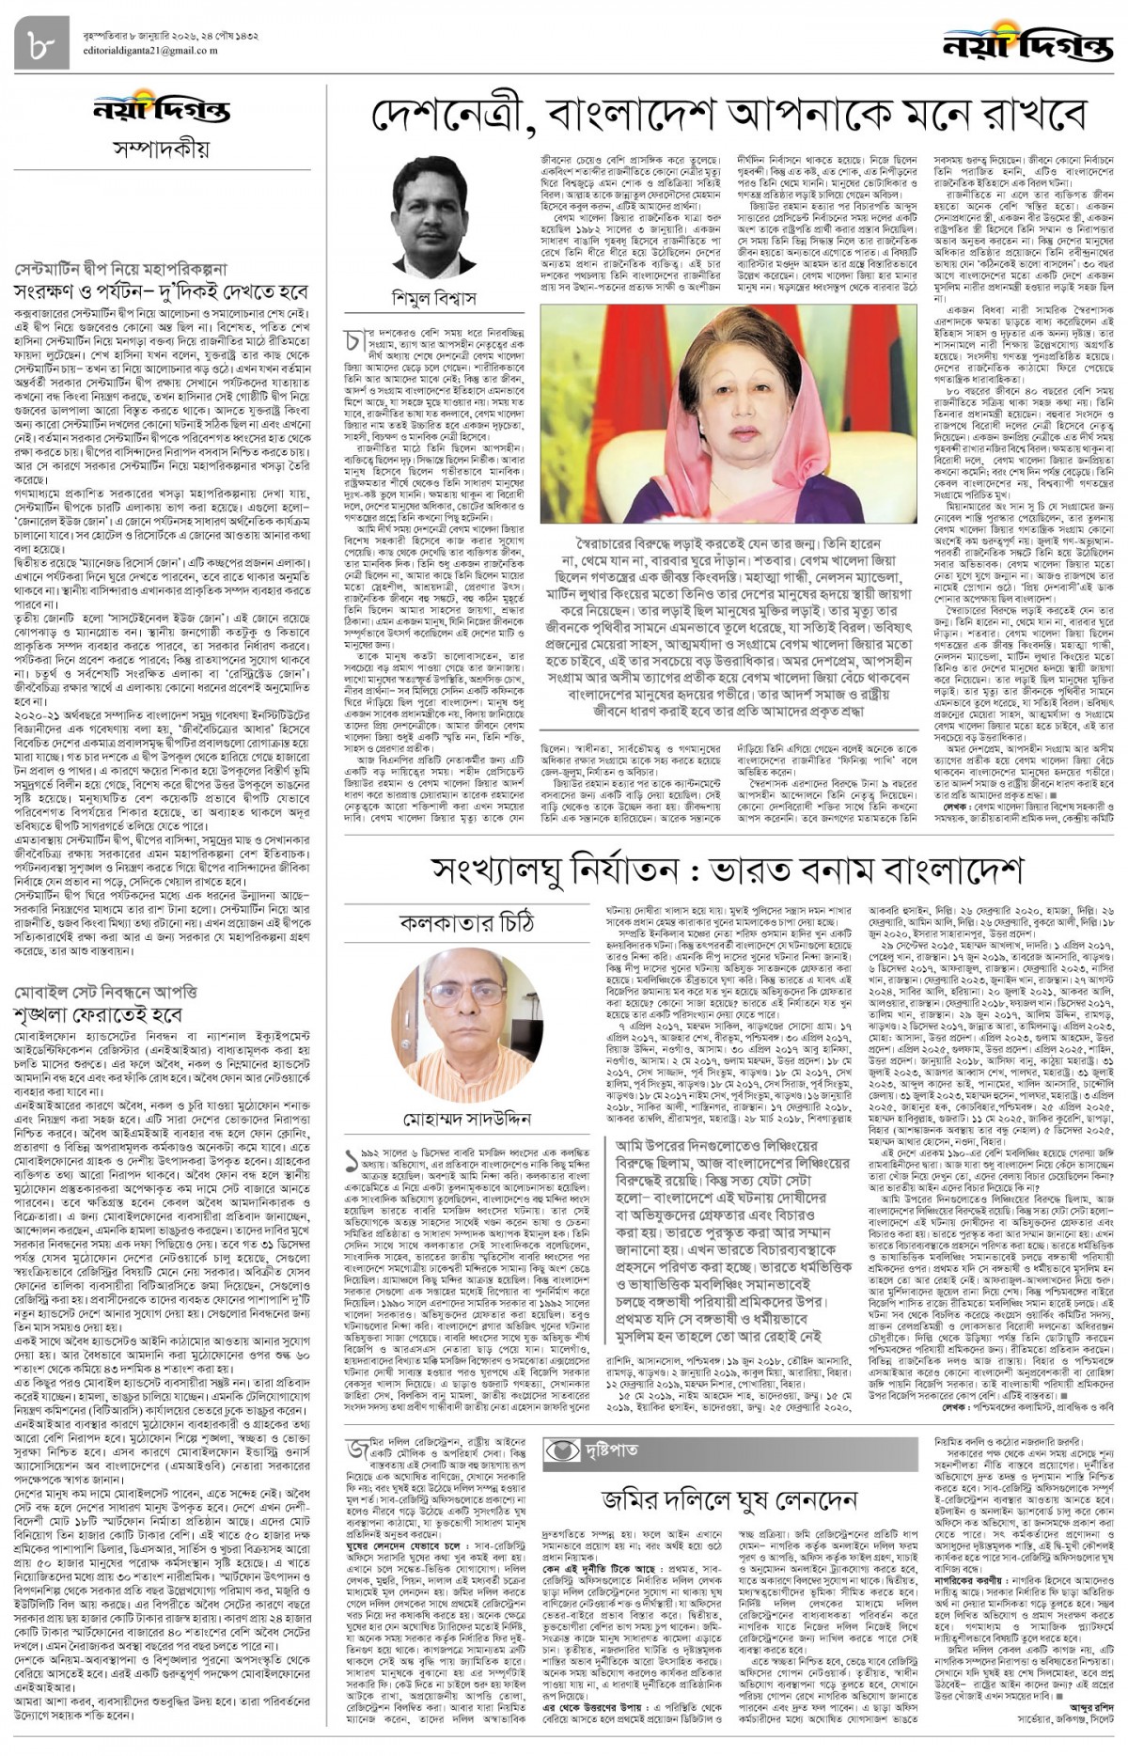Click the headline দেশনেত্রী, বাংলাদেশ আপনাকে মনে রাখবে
[x=729, y=117]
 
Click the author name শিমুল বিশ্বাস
[x=434, y=299]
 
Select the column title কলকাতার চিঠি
[x=467, y=922]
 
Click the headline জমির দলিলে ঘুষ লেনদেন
[x=728, y=1497]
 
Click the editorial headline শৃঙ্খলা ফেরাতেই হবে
[x=110, y=1015]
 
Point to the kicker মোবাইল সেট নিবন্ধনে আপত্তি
[x=105, y=992]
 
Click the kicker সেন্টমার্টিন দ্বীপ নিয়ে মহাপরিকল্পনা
[x=120, y=270]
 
